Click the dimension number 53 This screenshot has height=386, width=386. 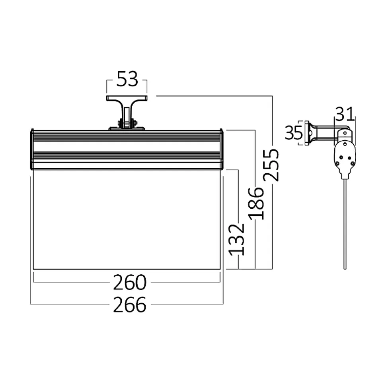[x=127, y=79]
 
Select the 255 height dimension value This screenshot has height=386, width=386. [x=271, y=165]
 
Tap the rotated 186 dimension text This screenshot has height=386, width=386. [x=256, y=204]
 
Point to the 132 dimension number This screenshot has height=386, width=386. [x=237, y=239]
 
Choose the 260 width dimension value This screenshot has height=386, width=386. [x=130, y=282]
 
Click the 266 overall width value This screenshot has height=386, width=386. [x=130, y=305]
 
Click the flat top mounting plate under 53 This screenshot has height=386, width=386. [x=127, y=98]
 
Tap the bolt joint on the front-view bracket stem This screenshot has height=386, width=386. [x=127, y=122]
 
